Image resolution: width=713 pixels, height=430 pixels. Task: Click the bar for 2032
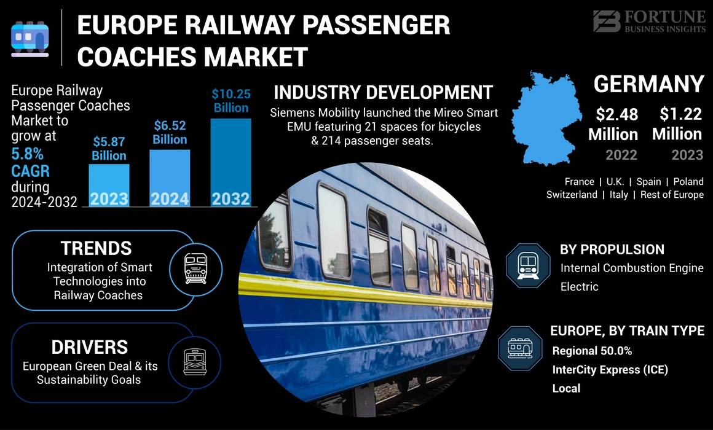tap(231, 163)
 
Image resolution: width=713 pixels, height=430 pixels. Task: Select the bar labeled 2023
tap(109, 185)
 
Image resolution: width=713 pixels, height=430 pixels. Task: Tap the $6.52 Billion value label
tap(170, 133)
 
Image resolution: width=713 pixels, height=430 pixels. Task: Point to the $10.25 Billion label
tap(231, 101)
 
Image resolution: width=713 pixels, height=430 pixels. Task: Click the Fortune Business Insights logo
tap(649, 21)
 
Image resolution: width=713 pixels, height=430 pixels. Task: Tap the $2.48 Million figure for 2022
tap(613, 124)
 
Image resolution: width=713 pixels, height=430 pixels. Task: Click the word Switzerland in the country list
tap(572, 195)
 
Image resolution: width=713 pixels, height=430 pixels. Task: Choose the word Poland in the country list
tap(688, 182)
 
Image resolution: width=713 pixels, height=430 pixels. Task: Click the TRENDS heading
tap(96, 248)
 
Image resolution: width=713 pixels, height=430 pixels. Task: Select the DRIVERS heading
tap(90, 347)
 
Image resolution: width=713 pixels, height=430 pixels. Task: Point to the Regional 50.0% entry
tap(592, 351)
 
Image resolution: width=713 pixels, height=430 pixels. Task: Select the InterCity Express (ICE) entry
tap(610, 370)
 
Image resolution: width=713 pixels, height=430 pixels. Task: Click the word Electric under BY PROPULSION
tap(579, 287)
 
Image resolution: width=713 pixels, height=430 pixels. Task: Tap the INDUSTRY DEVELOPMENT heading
tap(383, 93)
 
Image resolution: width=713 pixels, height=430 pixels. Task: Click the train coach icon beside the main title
tap(30, 38)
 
